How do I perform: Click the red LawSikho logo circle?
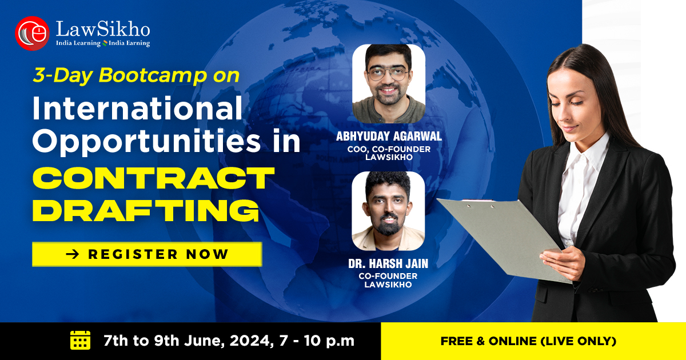[x=32, y=33]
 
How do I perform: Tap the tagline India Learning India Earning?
[x=103, y=43]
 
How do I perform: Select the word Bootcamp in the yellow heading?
[x=153, y=75]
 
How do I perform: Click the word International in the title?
[x=138, y=109]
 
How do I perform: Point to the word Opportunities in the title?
[x=146, y=141]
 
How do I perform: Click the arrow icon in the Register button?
[x=73, y=254]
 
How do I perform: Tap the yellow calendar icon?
[x=80, y=340]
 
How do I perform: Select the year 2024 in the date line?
[x=249, y=341]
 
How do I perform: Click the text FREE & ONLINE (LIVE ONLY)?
[x=528, y=341]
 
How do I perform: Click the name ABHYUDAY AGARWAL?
[x=389, y=136]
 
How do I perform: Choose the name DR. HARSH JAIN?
[x=388, y=263]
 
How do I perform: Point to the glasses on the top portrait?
[x=388, y=74]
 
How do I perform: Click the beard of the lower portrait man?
[x=388, y=226]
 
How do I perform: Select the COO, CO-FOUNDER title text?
[x=389, y=149]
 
